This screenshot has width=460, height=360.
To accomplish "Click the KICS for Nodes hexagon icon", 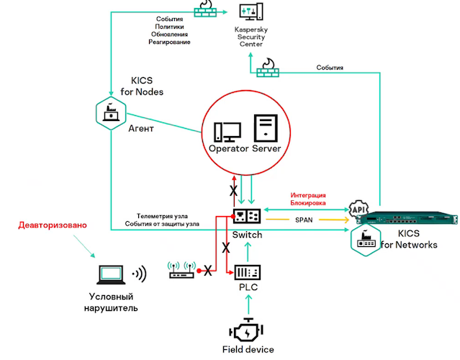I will click(x=111, y=112).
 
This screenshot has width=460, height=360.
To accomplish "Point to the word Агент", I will click(x=141, y=130).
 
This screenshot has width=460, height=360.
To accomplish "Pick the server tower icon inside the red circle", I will click(x=264, y=129).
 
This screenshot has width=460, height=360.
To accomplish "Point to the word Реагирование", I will click(x=170, y=42).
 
